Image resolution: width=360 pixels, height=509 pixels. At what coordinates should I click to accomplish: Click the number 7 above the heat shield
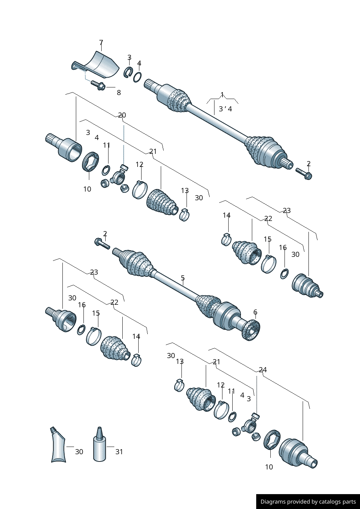click(x=101, y=42)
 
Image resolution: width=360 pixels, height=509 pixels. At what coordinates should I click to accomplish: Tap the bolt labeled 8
click(x=98, y=85)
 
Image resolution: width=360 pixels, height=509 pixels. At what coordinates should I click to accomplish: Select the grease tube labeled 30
click(x=58, y=446)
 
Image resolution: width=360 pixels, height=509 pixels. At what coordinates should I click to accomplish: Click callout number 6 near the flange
click(x=255, y=312)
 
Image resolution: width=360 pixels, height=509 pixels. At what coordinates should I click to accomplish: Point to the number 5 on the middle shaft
click(x=183, y=278)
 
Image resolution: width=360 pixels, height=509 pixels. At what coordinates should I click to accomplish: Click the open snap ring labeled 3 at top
click(x=128, y=72)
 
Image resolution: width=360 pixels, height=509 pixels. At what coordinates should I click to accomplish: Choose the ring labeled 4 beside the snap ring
click(x=137, y=77)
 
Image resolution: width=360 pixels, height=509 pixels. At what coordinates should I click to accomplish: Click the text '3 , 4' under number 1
click(x=225, y=109)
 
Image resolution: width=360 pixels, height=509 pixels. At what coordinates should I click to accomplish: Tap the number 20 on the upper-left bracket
click(x=122, y=115)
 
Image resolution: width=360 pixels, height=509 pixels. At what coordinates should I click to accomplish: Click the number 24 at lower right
click(x=263, y=370)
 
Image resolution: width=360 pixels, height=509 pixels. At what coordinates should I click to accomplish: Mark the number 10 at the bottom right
click(x=269, y=467)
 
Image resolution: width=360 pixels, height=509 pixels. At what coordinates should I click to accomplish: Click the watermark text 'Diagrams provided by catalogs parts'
click(x=308, y=502)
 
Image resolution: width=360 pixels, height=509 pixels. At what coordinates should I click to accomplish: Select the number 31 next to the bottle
click(x=119, y=452)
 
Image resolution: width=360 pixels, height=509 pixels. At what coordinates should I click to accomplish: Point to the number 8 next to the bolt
click(x=119, y=93)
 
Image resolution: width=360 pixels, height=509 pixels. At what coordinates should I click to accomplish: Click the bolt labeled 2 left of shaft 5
click(x=102, y=243)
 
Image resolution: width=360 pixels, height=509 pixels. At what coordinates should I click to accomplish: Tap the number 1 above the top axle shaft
click(x=222, y=95)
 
